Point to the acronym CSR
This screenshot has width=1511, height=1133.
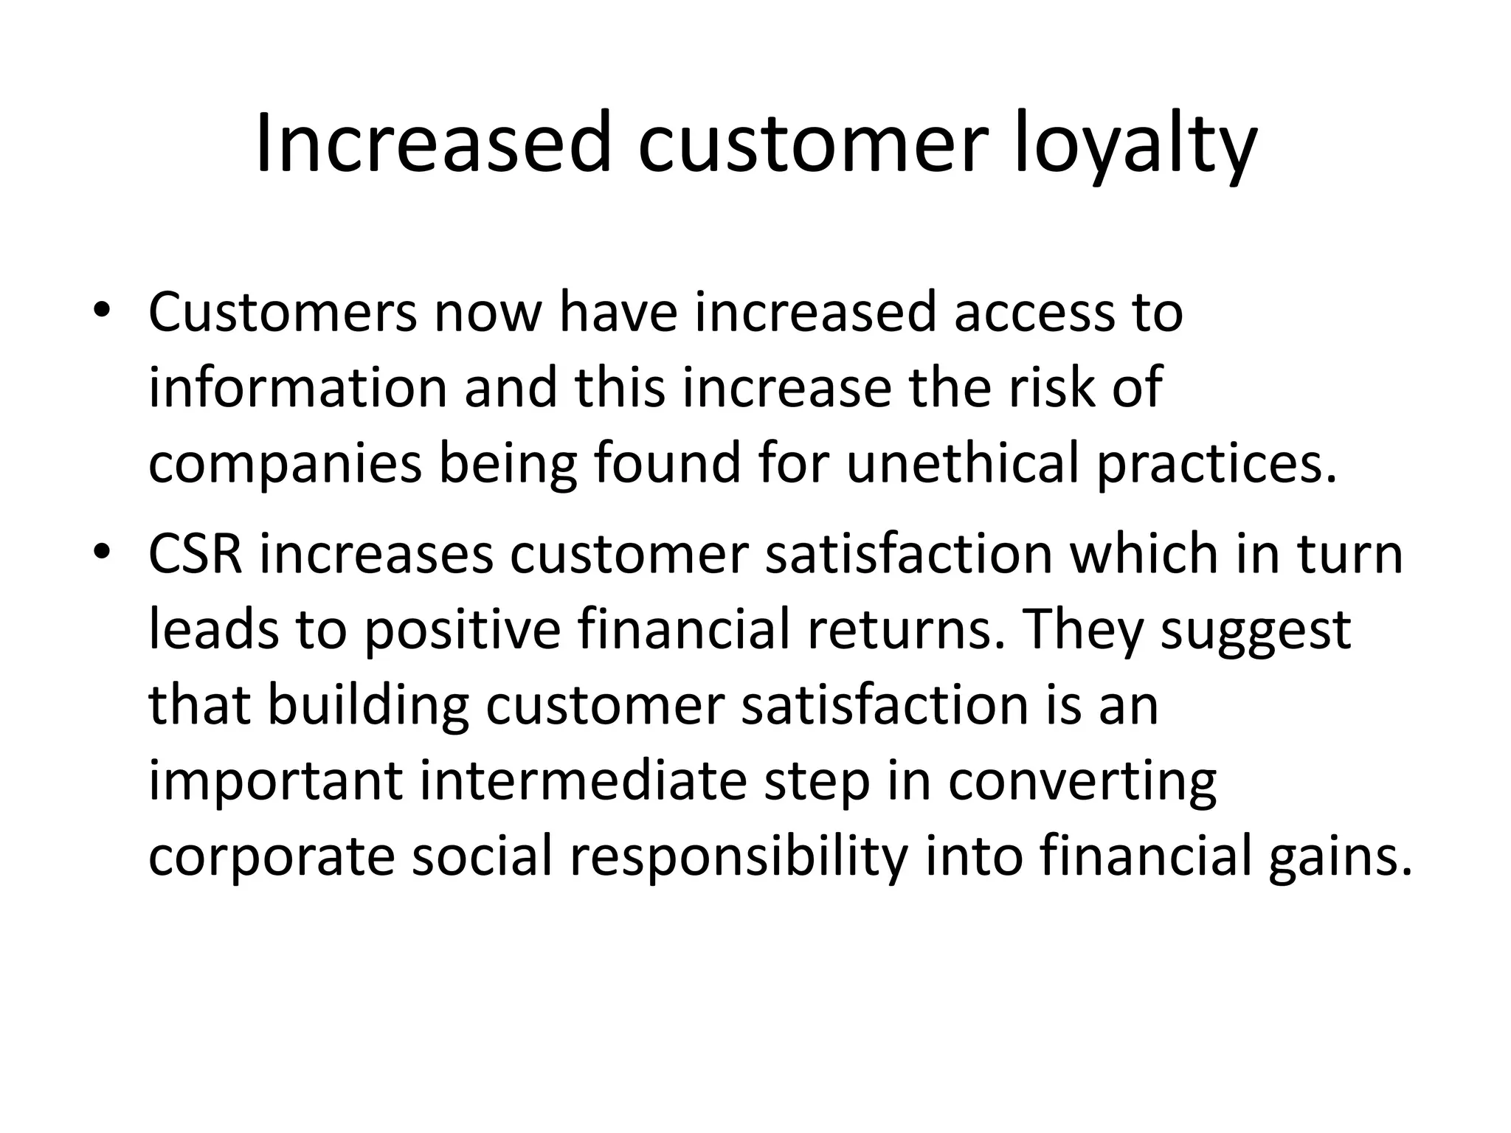coord(196,554)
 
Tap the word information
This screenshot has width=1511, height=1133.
coord(298,388)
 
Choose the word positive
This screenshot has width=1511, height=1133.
coord(463,631)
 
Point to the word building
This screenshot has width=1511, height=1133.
coord(367,707)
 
